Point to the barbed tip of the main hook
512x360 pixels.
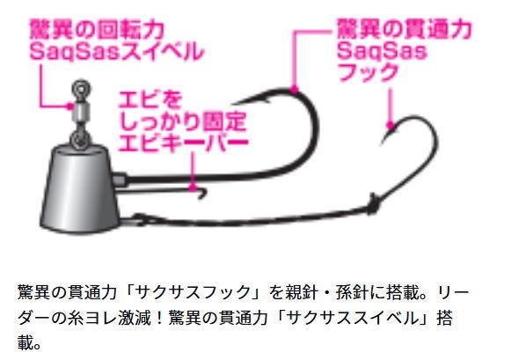[232, 104]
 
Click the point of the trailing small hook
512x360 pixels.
[382, 144]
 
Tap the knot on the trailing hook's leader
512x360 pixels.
[373, 204]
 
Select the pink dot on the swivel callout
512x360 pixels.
[69, 106]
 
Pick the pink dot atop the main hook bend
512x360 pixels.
[295, 89]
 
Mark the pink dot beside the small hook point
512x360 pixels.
[390, 125]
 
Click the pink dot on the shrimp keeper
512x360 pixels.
[194, 189]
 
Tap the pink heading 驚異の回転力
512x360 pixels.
[97, 30]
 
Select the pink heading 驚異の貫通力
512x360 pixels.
[405, 29]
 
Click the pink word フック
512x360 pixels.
[368, 72]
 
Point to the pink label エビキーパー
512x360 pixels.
[184, 143]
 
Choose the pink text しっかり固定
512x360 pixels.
[183, 121]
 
